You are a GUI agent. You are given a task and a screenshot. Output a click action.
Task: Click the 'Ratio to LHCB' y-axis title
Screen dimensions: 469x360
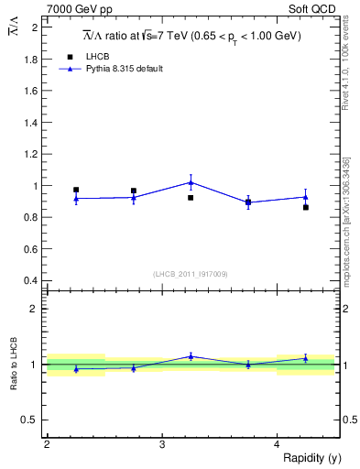click(16, 365)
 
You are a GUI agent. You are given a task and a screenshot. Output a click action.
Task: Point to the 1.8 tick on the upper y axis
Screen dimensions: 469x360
click(32, 60)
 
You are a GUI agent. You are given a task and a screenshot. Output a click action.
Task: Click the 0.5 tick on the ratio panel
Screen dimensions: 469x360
click(32, 420)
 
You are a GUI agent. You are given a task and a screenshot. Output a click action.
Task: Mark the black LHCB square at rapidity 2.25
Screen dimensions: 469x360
click(76, 190)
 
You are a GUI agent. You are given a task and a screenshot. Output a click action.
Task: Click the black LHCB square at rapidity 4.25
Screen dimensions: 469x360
click(306, 207)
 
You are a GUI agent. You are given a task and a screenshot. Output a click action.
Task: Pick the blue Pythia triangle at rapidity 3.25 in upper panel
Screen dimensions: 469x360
click(191, 181)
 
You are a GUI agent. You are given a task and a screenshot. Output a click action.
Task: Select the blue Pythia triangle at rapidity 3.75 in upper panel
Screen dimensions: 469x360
click(248, 202)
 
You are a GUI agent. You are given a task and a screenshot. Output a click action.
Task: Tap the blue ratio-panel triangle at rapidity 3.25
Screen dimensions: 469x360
click(191, 356)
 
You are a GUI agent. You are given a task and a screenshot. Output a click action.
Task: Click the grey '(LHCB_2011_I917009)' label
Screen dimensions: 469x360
click(191, 274)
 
